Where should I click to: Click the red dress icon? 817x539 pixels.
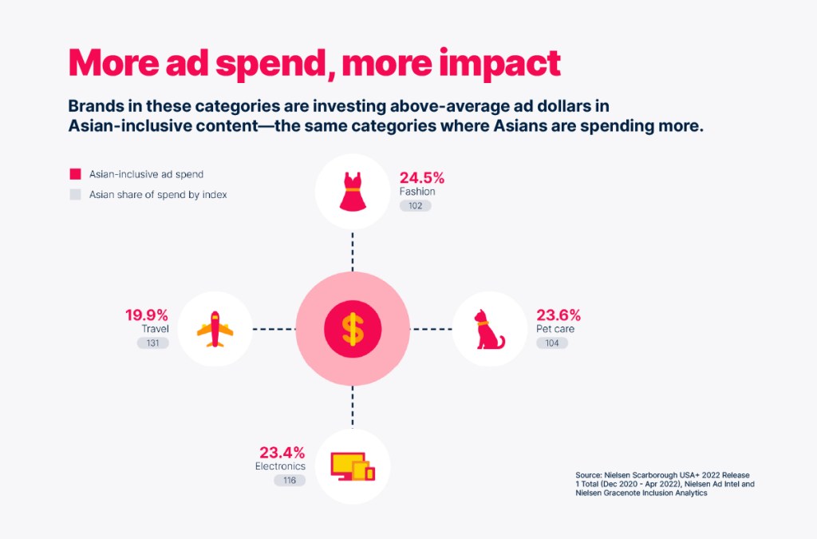(353, 192)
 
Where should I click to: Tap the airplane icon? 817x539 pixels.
(215, 329)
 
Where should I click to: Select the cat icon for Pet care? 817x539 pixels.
(489, 330)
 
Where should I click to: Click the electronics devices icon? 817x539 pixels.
(353, 466)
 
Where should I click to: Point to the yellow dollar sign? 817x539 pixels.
(353, 329)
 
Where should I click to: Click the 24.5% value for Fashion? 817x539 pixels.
(422, 178)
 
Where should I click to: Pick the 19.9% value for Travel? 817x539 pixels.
(147, 315)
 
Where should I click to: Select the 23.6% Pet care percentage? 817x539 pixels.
(558, 315)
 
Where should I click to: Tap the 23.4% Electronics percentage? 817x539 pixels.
(282, 453)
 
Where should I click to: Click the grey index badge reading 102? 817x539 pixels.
(415, 206)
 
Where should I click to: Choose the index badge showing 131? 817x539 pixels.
(152, 343)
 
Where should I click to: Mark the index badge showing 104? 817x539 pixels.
(552, 343)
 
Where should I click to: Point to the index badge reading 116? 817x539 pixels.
(290, 480)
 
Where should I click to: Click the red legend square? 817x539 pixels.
(76, 174)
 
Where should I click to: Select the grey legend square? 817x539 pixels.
(76, 194)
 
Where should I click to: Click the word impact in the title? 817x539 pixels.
(499, 64)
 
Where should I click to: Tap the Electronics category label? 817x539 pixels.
(280, 466)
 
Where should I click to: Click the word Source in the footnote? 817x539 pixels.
(588, 475)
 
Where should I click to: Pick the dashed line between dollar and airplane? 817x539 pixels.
(274, 329)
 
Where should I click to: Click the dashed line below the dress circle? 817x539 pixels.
(353, 252)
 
